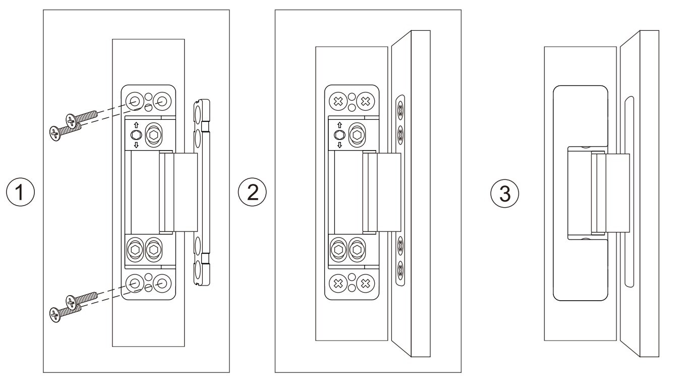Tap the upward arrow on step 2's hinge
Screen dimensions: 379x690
click(x=339, y=124)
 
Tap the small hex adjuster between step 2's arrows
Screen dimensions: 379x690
click(x=339, y=135)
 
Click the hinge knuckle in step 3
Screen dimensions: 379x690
click(x=598, y=193)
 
